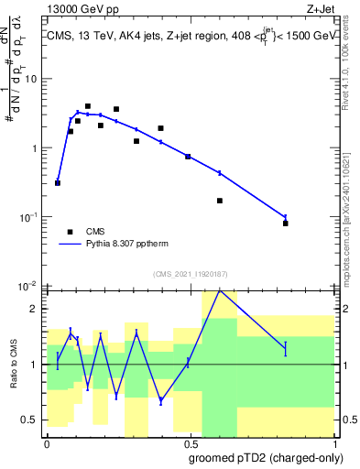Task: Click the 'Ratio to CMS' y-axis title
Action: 16,365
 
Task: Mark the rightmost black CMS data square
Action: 286,224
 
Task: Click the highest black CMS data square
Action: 88,106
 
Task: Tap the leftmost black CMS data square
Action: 58,183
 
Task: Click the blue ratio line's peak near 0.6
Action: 219,290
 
